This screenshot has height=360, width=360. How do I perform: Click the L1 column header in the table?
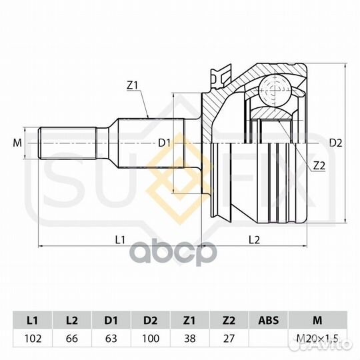pyautogui.click(x=33, y=321)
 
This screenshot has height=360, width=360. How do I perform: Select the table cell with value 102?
pyautogui.click(x=33, y=339)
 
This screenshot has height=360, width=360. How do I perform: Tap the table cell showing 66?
pyautogui.click(x=72, y=339)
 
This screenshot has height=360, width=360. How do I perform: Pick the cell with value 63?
pyautogui.click(x=111, y=339)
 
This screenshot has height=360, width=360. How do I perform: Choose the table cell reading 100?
pyautogui.click(x=151, y=339)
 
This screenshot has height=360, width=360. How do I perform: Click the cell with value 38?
pyautogui.click(x=189, y=339)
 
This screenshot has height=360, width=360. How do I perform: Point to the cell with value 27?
pyautogui.click(x=229, y=339)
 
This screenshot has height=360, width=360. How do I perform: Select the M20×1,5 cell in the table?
pyautogui.click(x=317, y=339)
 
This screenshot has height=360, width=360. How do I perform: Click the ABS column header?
pyautogui.click(x=269, y=321)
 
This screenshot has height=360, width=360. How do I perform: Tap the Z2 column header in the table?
pyautogui.click(x=229, y=321)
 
